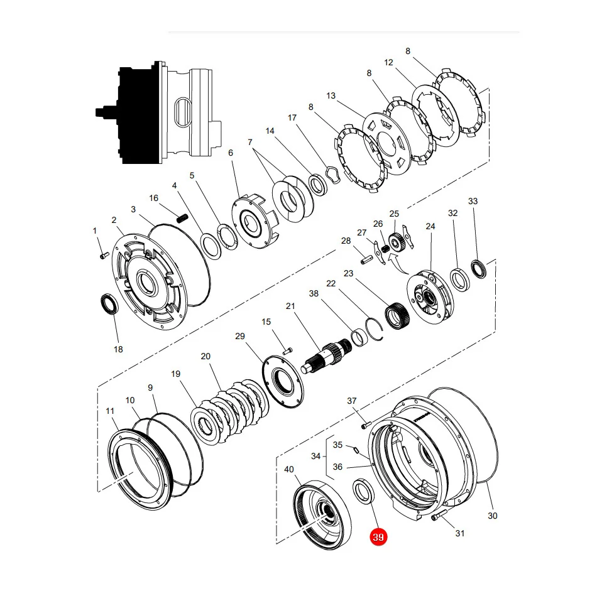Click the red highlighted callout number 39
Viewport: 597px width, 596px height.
click(378, 537)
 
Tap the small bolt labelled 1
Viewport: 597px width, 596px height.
click(104, 256)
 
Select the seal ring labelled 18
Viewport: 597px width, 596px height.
click(109, 305)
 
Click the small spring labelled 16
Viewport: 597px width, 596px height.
click(183, 219)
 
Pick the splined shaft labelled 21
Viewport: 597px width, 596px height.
click(327, 354)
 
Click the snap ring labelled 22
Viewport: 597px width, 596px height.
click(375, 329)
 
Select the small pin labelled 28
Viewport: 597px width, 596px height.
click(367, 261)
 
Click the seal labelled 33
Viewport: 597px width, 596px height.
click(479, 269)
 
